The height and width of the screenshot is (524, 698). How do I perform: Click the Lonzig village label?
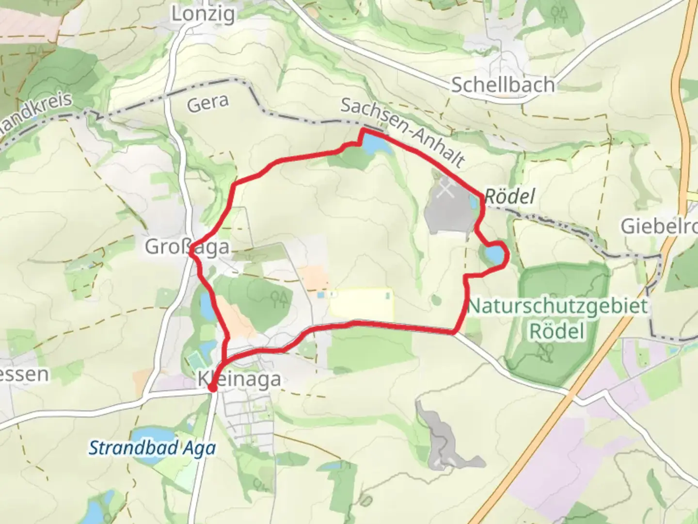click(x=203, y=14)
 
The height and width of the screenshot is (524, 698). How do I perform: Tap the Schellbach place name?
click(x=503, y=85)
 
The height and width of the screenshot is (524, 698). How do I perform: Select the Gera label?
click(x=207, y=103)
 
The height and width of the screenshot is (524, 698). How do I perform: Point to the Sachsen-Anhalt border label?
click(x=402, y=131)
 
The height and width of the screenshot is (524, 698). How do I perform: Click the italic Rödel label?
click(x=509, y=196)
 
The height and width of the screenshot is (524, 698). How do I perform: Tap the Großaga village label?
click(x=187, y=246)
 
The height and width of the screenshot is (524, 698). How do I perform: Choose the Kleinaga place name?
click(x=239, y=379)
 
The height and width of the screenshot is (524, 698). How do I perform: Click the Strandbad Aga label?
click(x=152, y=447)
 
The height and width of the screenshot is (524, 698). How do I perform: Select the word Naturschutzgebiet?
click(x=557, y=307)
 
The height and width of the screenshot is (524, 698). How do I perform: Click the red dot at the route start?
click(x=212, y=388)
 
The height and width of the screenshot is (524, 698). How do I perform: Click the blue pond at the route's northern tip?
click(x=376, y=145)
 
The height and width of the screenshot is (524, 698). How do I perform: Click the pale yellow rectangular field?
click(x=361, y=304)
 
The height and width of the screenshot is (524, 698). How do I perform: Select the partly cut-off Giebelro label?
click(x=659, y=226)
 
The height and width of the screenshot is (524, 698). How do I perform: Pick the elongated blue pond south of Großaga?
click(x=206, y=306)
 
